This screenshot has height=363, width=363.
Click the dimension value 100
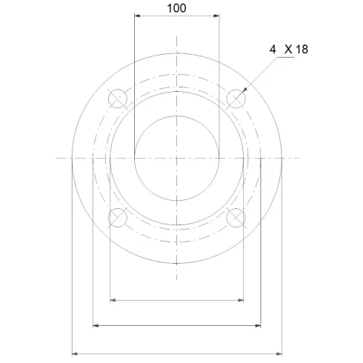point(177,8)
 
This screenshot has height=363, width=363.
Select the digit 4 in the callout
point(273,49)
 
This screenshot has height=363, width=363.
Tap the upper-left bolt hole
point(118,98)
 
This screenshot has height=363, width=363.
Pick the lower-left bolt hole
point(118,217)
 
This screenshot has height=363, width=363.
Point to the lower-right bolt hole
point(236,217)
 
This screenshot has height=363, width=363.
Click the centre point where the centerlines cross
point(177,158)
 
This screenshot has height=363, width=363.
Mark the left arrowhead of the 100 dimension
point(137,16)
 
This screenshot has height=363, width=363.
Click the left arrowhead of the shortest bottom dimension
point(112,299)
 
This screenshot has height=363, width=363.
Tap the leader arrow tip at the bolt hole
point(243,90)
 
